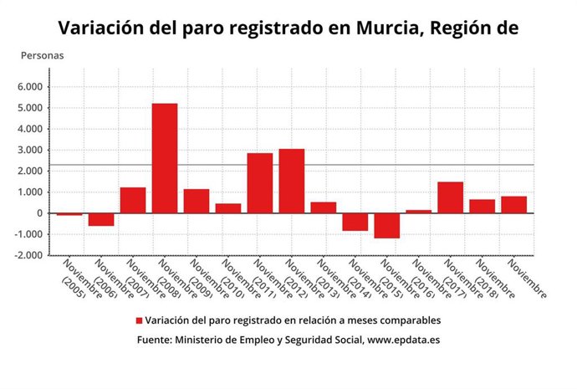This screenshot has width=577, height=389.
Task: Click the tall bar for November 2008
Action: (x=164, y=158)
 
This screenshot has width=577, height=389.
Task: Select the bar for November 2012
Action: (x=291, y=181)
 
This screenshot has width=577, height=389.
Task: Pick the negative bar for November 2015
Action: (x=386, y=226)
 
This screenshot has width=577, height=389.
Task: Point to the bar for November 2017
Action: (x=450, y=197)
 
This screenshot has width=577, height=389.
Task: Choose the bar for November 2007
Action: (x=132, y=200)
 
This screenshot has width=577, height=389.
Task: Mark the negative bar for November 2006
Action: (x=101, y=219)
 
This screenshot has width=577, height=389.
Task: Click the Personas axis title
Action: (x=42, y=55)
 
